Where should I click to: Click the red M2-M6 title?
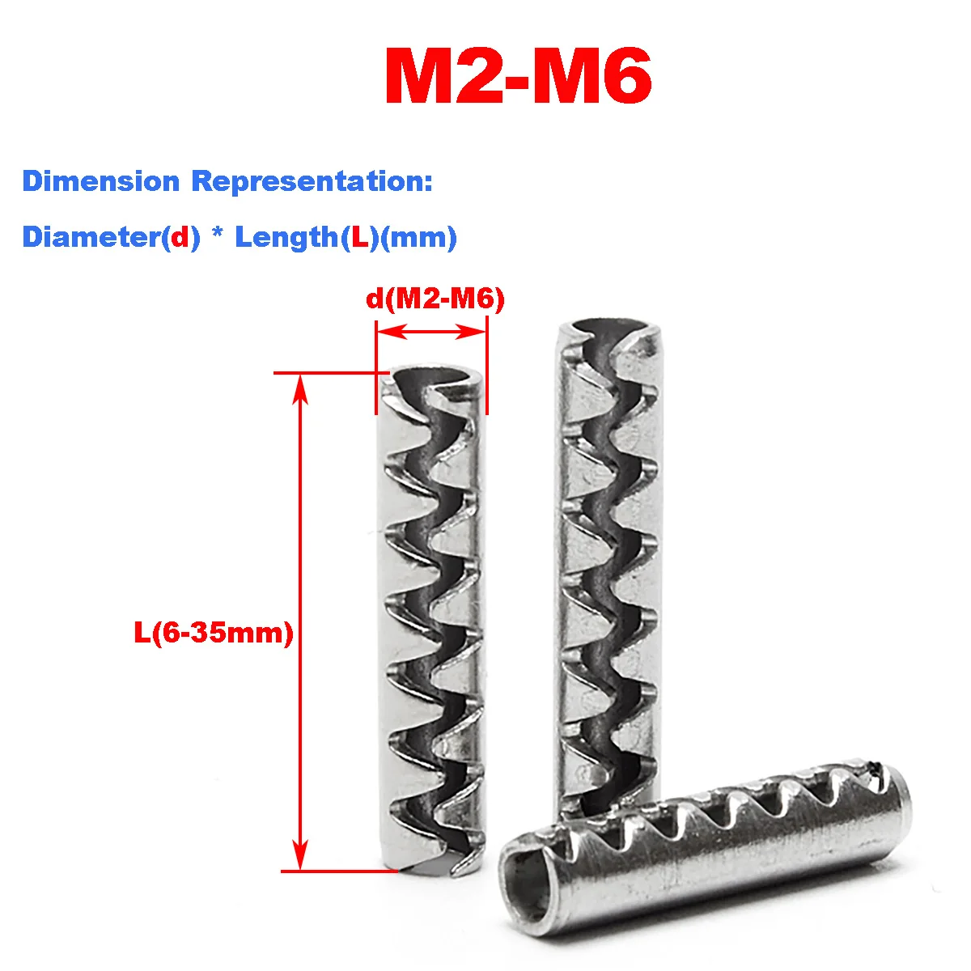click(518, 78)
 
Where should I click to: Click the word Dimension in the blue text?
click(101, 181)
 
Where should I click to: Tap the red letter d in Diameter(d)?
click(180, 237)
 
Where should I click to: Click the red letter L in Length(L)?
click(354, 237)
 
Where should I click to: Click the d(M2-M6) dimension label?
click(435, 299)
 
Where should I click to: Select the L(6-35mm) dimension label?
click(213, 633)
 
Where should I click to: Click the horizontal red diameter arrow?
click(430, 331)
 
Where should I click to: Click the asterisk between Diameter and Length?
click(217, 237)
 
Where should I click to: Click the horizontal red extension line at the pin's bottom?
click(340, 871)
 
